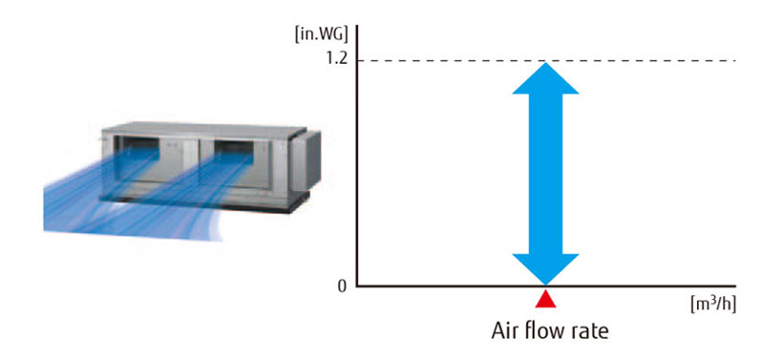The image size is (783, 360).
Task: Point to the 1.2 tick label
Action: pos(336,60)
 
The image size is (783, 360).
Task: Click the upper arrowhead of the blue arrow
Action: pos(545,78)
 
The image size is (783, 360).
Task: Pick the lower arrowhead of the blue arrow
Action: pos(545,268)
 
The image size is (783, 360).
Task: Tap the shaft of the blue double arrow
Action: pos(545,172)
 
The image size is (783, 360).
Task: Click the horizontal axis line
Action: pos(621,286)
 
